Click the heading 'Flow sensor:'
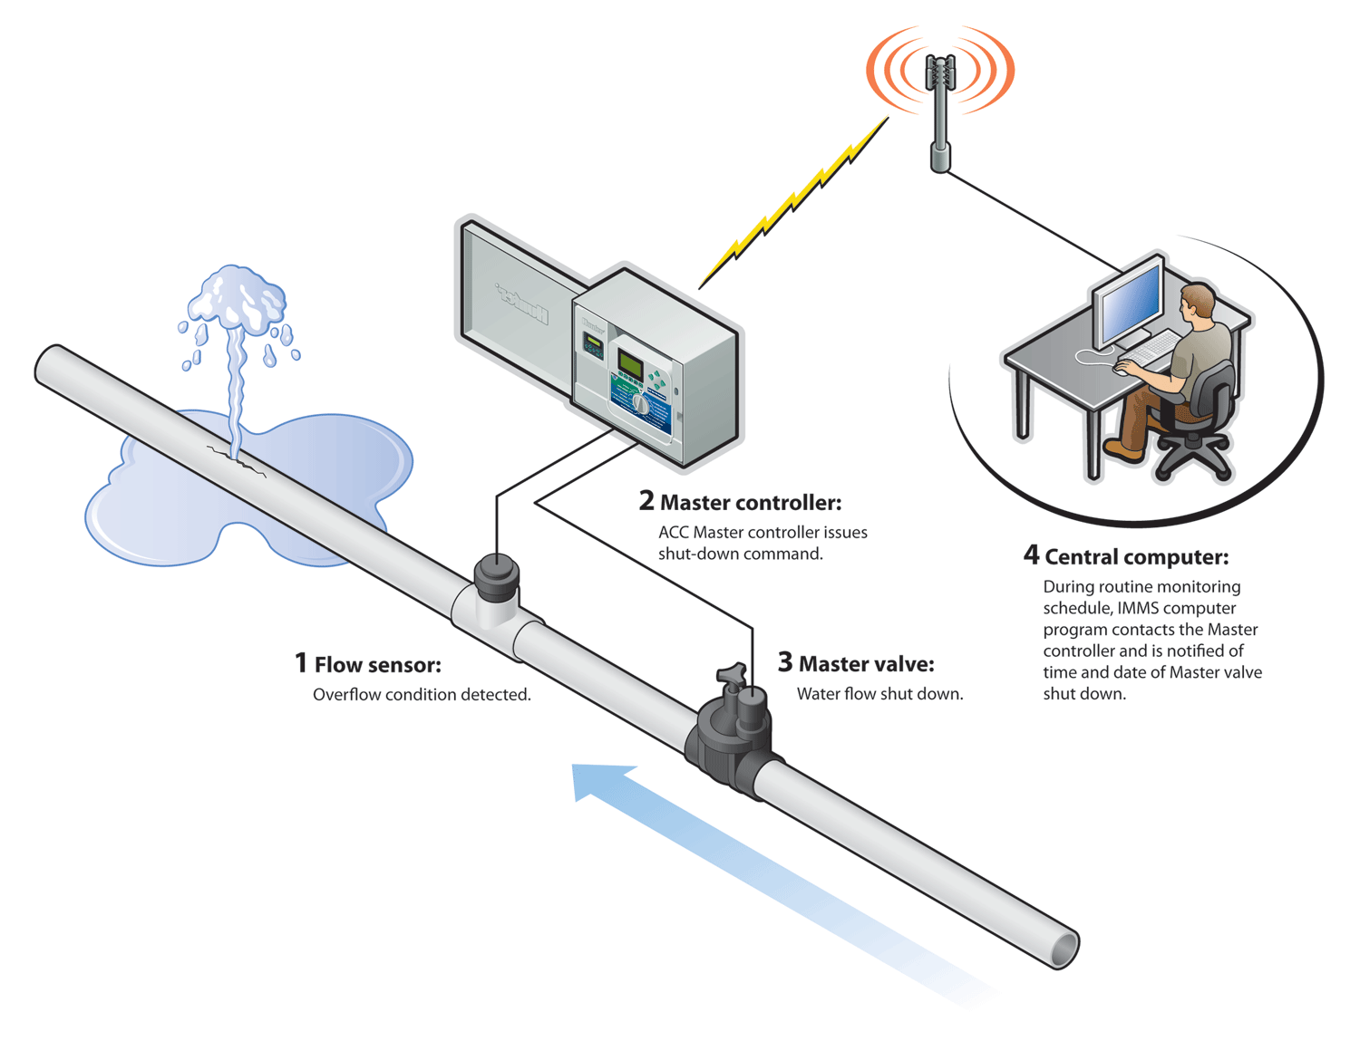377,665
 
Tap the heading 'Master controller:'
750,502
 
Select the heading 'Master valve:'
866,664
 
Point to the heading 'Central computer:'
1136,556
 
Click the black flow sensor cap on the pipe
496,574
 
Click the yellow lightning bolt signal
793,203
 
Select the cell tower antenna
940,100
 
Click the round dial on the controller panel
640,403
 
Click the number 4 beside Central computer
1031,554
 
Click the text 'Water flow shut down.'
879,694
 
